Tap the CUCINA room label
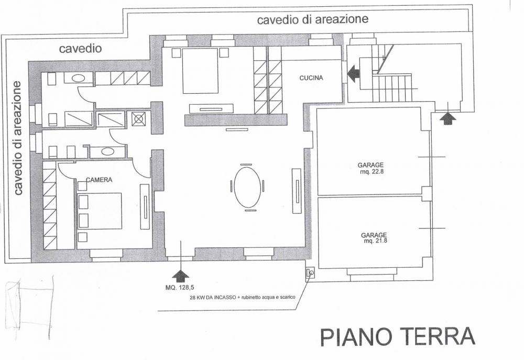pyautogui.click(x=311, y=78)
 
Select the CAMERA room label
pyautogui.click(x=99, y=180)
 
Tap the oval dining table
pyautogui.click(x=247, y=186)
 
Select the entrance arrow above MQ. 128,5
pyautogui.click(x=181, y=275)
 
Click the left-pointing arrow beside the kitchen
pyautogui.click(x=353, y=73)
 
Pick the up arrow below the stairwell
pyautogui.click(x=447, y=118)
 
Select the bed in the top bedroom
pyautogui.click(x=200, y=70)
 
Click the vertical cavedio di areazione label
pyautogui.click(x=18, y=138)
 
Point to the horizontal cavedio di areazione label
pyautogui.click(x=312, y=20)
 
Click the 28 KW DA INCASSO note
pyautogui.click(x=243, y=297)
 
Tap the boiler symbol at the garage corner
pyautogui.click(x=310, y=273)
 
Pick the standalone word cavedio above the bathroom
pyautogui.click(x=80, y=49)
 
